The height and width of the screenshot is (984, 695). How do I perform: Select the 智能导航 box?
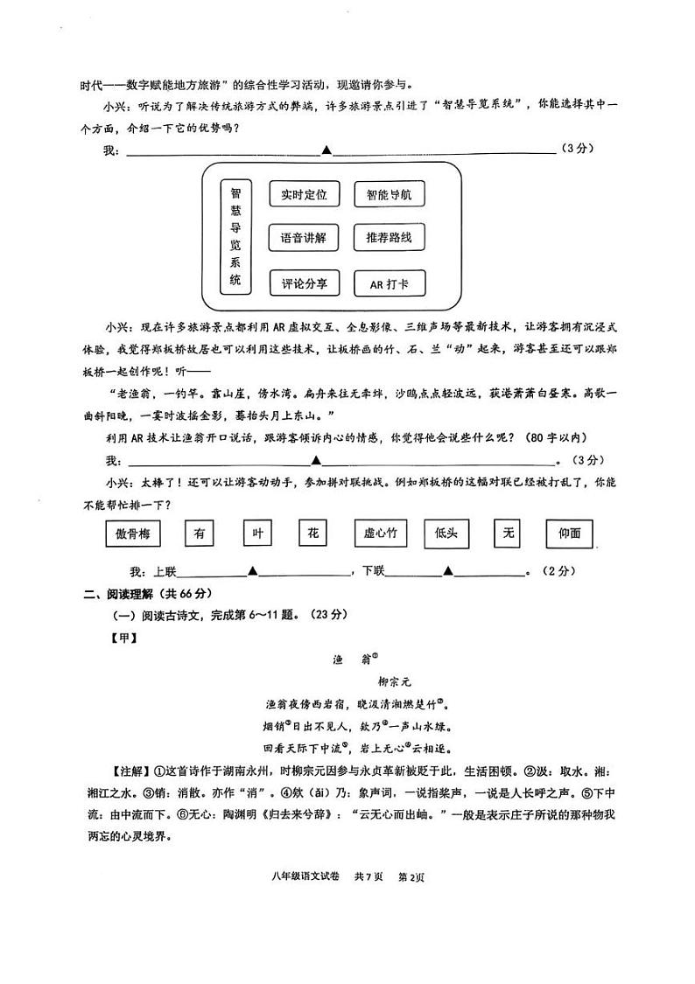coord(389,195)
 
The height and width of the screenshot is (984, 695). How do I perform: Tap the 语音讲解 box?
coord(304,238)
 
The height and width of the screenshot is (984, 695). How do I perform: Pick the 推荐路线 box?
coord(389,238)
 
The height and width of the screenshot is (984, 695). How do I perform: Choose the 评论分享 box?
coord(304,283)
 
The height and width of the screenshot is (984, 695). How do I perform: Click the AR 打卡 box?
coord(389,284)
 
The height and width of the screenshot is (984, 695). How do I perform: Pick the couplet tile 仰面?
coord(569,533)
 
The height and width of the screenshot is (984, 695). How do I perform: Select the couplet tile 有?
coord(200,533)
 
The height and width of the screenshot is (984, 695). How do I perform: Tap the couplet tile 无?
coord(508,533)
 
